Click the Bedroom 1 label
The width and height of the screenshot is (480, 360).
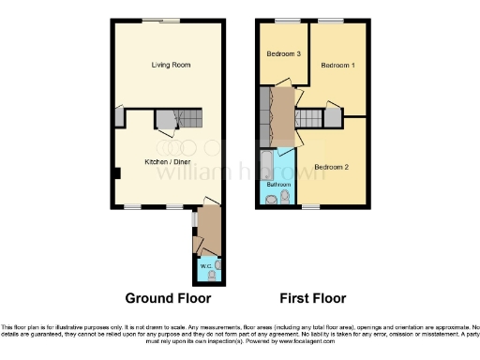click(x=337, y=66)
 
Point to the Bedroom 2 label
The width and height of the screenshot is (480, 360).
click(x=331, y=167)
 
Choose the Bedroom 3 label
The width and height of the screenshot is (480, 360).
click(x=284, y=54)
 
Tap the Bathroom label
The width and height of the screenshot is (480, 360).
click(x=277, y=185)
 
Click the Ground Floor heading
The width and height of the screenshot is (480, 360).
click(x=169, y=298)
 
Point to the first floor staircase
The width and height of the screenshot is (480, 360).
click(x=310, y=118)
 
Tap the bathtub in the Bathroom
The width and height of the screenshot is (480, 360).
click(x=267, y=164)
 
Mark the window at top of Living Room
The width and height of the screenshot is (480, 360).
click(x=170, y=20)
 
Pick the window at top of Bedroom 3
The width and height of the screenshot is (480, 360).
click(x=281, y=20)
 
